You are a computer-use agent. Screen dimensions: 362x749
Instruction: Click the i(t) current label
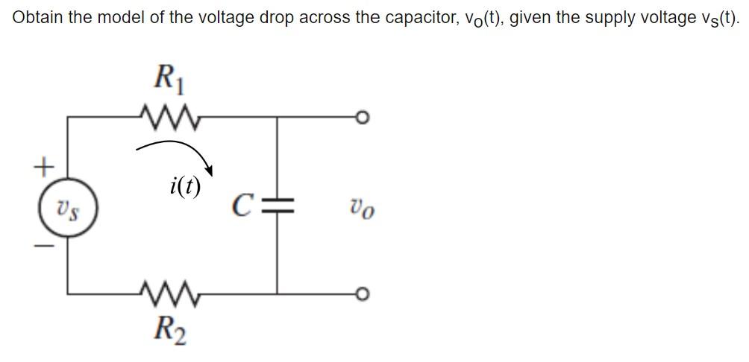point(185,185)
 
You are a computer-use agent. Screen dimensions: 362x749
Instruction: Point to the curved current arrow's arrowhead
point(210,169)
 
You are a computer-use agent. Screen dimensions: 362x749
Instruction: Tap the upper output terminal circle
point(363,118)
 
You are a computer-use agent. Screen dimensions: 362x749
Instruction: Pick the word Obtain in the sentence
point(37,18)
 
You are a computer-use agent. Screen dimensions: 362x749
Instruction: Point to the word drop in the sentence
point(275,18)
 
